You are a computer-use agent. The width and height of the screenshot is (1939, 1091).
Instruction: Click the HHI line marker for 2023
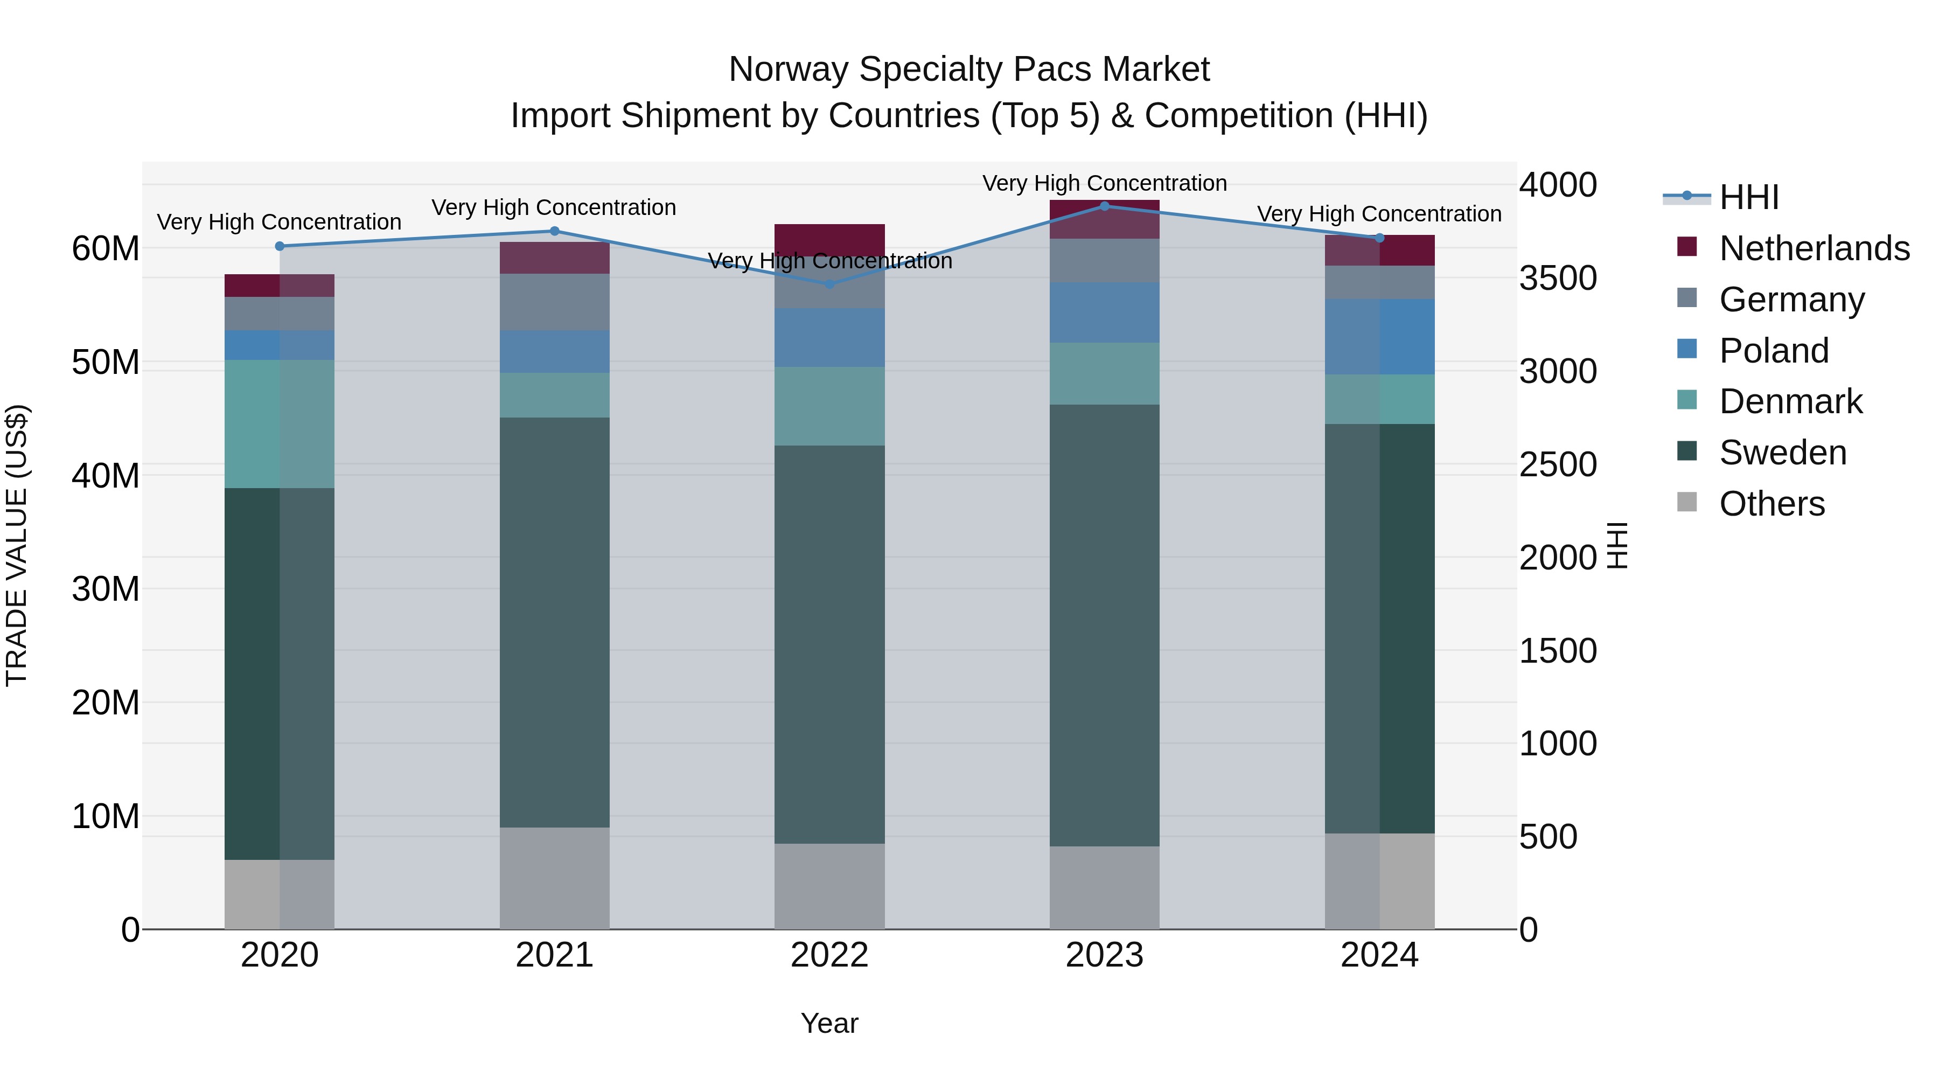[1104, 206]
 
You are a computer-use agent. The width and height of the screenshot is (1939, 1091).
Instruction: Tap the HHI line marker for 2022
[829, 284]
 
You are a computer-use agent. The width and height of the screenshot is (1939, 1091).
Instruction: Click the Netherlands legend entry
[1814, 248]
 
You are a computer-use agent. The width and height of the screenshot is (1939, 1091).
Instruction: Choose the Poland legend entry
[1774, 351]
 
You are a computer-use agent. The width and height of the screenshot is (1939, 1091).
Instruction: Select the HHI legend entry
[1748, 197]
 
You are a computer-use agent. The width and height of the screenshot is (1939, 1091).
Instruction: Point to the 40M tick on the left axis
[106, 476]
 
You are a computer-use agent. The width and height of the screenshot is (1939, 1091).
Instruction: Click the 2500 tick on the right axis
[1557, 464]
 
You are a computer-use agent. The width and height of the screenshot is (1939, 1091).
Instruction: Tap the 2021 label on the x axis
[554, 955]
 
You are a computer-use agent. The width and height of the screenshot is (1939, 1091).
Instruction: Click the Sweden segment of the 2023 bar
[1104, 625]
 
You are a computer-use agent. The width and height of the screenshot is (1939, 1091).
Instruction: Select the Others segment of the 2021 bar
[554, 878]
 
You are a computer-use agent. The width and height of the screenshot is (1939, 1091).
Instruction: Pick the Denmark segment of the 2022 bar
[829, 407]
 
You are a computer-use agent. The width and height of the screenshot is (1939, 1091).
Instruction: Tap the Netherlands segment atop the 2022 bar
[829, 237]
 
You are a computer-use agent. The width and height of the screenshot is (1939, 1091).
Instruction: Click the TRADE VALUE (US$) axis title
[17, 545]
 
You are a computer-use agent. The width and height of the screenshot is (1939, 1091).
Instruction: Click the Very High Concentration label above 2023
[1104, 183]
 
